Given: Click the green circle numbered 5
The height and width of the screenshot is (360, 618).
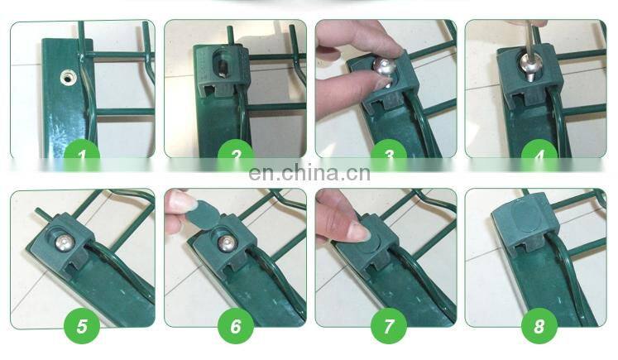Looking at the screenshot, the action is click(82, 326).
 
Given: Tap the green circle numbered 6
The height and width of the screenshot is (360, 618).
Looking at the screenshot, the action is click(236, 326).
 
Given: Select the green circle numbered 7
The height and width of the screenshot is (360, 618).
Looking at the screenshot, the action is click(389, 326).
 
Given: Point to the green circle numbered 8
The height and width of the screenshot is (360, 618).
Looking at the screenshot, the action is click(539, 326).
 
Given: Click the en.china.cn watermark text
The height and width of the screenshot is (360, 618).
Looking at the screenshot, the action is click(309, 174).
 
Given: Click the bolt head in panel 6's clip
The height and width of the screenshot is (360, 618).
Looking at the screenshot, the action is click(226, 243).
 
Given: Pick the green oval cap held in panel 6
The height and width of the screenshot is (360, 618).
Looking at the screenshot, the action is click(200, 213).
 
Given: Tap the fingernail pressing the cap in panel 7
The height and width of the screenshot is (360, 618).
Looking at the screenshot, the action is click(359, 231).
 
